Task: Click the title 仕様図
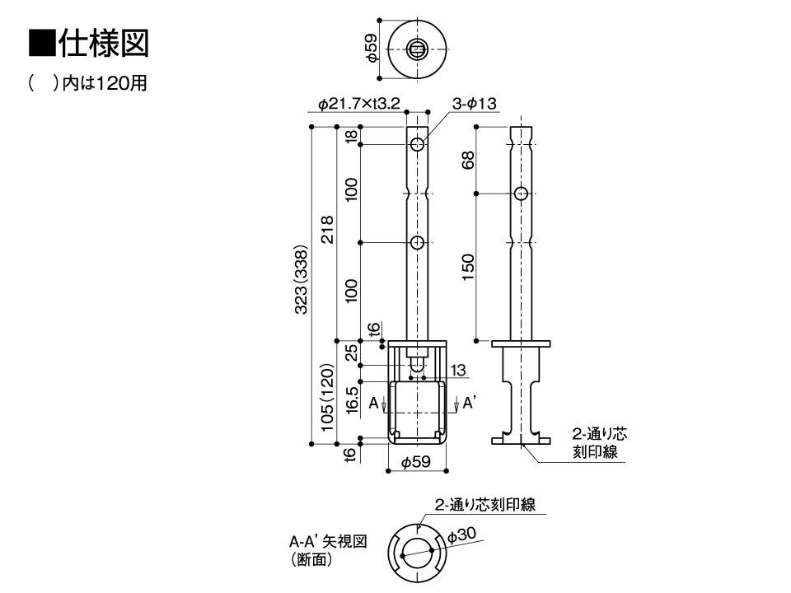pyautogui.click(x=102, y=43)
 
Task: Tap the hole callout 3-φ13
pyautogui.click(x=474, y=104)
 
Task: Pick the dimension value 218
pyautogui.click(x=327, y=231)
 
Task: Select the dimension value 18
pyautogui.click(x=352, y=137)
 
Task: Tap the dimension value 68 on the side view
pyautogui.click(x=468, y=160)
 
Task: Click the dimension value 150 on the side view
pyautogui.click(x=468, y=267)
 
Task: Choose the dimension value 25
pyautogui.click(x=352, y=352)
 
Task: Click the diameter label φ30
pyautogui.click(x=461, y=535)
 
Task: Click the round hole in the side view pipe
pyautogui.click(x=521, y=194)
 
